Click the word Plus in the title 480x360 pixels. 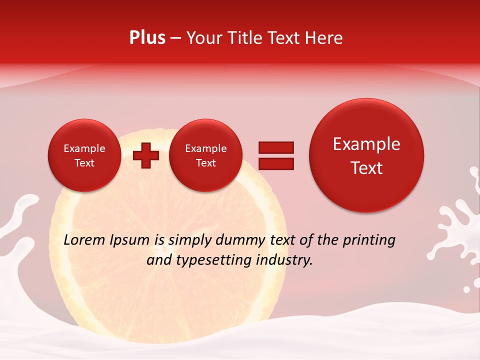coord(147,38)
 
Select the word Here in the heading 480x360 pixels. coord(324,38)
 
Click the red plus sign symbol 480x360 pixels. coord(146,155)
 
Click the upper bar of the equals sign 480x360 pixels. coord(276,147)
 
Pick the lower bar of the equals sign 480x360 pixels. coord(276,163)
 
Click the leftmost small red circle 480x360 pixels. coord(84,155)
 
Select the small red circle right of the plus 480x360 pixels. coord(205,155)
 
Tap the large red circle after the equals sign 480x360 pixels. coord(366,155)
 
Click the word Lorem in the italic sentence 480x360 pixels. coord(85,240)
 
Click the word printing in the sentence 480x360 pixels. coord(369,240)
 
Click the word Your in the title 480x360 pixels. coord(203,38)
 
